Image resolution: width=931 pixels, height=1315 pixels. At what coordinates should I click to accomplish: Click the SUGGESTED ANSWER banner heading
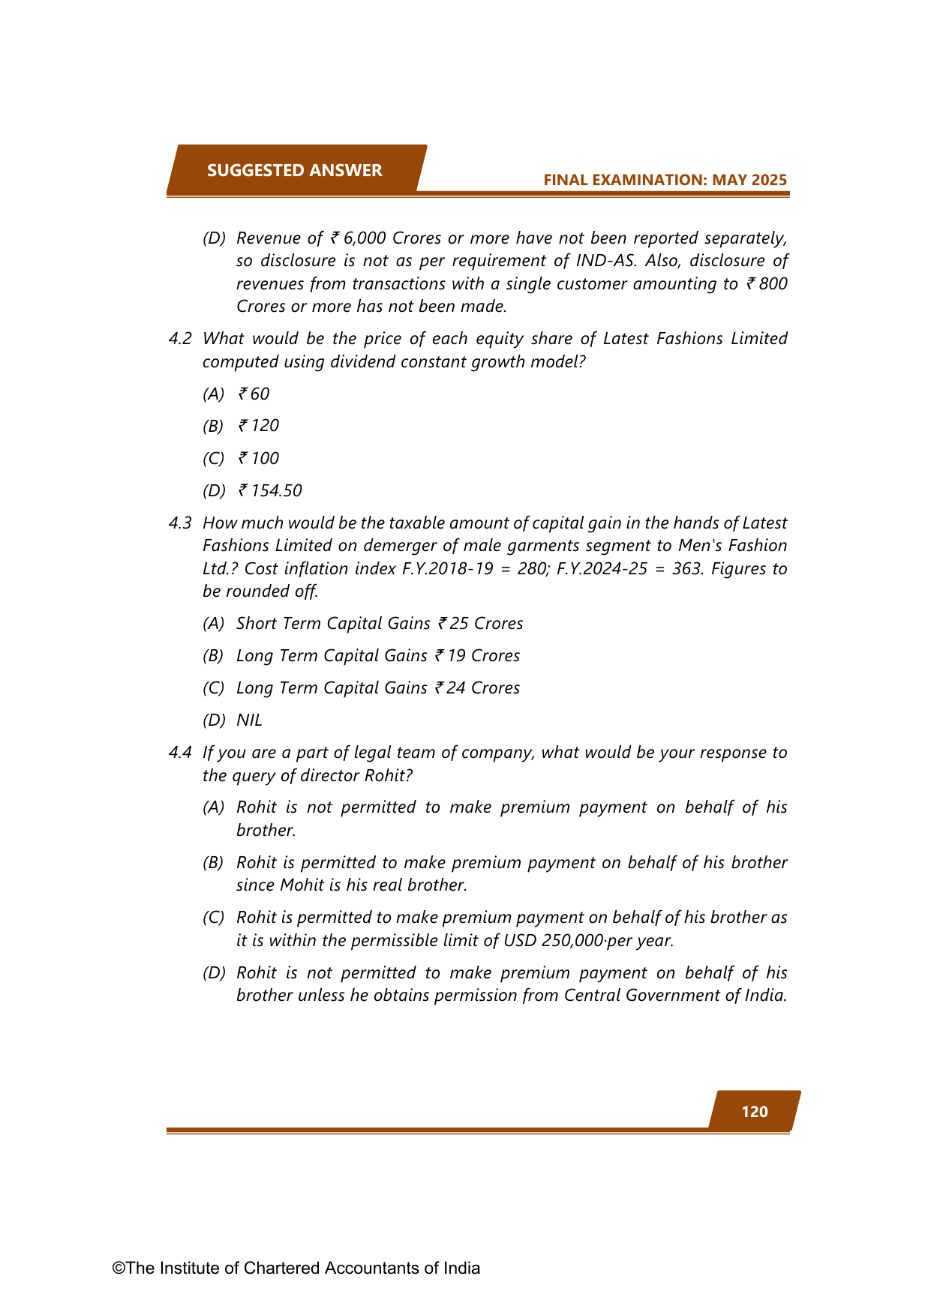294,170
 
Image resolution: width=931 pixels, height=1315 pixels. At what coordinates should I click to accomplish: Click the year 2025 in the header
768,180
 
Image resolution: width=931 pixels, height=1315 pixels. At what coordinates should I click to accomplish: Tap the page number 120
754,1111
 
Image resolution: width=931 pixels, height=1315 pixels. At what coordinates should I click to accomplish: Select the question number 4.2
180,339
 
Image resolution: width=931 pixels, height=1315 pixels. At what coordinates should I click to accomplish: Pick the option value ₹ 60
254,394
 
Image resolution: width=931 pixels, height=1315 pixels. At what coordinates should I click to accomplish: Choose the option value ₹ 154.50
270,490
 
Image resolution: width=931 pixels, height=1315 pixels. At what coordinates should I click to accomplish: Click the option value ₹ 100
259,458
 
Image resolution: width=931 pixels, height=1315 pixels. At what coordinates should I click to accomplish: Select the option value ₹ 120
259,426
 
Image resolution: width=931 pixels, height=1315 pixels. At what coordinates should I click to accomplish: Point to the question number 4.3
180,523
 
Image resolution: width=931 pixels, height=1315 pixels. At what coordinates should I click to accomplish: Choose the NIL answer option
249,720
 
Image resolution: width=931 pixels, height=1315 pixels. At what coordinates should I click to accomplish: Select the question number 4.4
180,752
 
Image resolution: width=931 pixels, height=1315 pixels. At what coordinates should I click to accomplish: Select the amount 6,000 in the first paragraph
363,238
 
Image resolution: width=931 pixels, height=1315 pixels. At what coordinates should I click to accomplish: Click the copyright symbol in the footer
118,1268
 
